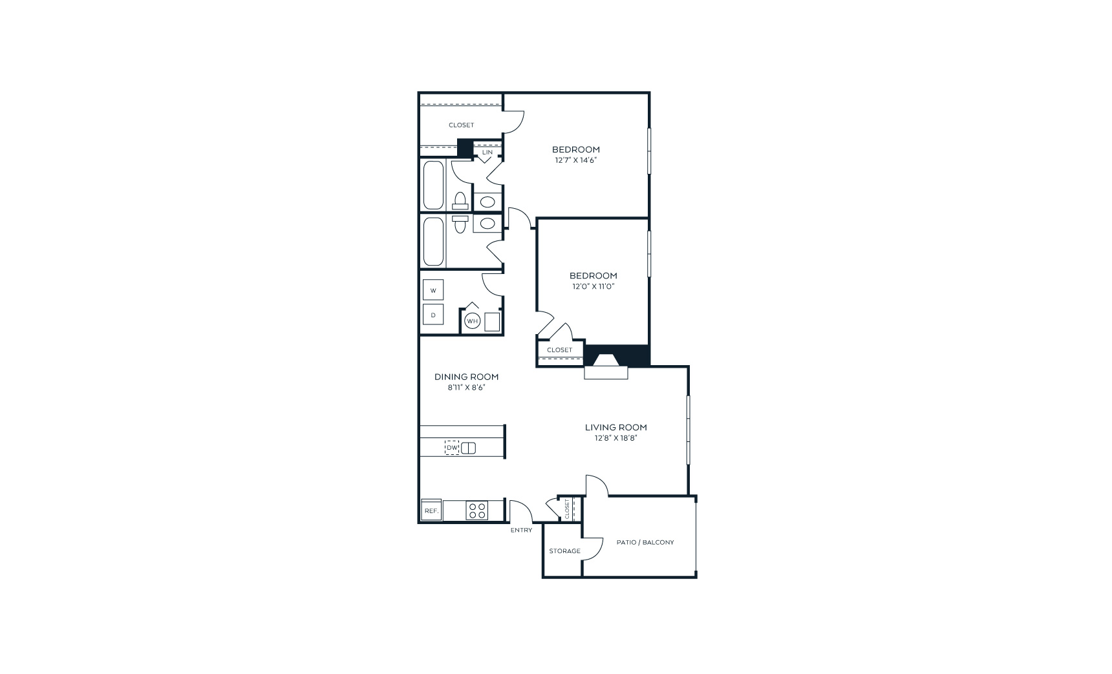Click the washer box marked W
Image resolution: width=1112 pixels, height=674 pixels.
tap(433, 290)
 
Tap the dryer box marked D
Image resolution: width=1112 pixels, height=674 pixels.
tap(433, 315)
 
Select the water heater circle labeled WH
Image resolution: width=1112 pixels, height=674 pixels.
tap(473, 321)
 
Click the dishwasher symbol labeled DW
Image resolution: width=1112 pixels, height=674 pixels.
tap(452, 447)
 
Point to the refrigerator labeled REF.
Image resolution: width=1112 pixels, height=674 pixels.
tap(431, 511)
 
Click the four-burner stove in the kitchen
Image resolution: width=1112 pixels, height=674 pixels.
tap(477, 511)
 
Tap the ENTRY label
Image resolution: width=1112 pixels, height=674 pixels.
tap(521, 530)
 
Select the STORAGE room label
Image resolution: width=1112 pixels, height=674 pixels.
tap(564, 551)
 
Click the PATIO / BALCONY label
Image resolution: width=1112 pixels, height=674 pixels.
tap(645, 542)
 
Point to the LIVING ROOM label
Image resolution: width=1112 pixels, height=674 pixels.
tap(615, 427)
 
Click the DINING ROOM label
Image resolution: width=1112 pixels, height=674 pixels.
tap(466, 377)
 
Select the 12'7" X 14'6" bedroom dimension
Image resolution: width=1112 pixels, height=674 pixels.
tap(575, 160)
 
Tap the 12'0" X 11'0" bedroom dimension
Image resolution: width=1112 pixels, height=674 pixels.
tap(593, 286)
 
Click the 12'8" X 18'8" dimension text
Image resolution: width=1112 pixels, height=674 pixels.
tap(615, 438)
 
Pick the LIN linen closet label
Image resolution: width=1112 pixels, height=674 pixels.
tap(487, 153)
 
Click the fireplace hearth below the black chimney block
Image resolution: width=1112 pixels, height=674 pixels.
tap(606, 372)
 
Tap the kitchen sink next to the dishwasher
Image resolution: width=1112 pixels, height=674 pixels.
tap(469, 447)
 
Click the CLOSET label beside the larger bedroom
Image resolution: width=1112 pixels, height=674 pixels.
tap(461, 125)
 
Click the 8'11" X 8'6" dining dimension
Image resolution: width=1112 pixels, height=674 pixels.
tap(466, 388)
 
